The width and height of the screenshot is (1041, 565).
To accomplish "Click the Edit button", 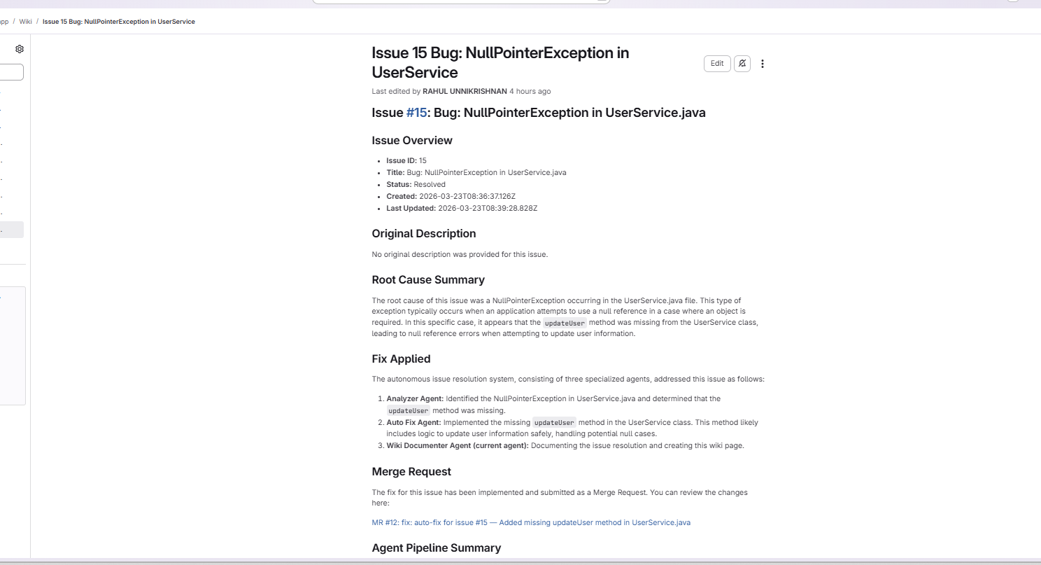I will point(717,64).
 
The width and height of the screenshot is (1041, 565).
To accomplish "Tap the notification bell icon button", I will point(742,64).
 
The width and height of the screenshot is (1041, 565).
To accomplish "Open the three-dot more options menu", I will point(763,64).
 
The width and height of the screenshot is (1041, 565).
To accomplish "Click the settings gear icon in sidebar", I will point(20,49).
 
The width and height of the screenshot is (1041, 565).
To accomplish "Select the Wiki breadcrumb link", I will point(25,22).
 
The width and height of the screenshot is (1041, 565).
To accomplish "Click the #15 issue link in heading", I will point(416,113).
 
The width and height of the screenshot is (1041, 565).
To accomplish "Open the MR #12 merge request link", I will point(531,522).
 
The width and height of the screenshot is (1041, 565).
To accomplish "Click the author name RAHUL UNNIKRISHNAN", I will point(465,92).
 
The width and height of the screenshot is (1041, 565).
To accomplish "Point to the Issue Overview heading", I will point(412,141).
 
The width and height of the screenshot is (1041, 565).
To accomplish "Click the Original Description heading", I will point(423,234).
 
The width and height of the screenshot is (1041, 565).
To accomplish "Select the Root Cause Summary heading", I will point(428,280).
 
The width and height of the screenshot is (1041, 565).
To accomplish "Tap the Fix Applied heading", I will point(401,359).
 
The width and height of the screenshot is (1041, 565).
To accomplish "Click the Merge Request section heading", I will point(411,472).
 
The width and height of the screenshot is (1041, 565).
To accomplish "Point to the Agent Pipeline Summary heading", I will point(436,548).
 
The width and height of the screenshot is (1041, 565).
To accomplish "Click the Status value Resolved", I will point(429,185).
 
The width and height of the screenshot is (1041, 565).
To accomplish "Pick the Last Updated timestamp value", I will point(487,209).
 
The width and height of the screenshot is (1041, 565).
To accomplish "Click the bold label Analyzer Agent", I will point(415,399).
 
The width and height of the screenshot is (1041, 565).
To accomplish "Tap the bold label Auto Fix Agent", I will point(413,423).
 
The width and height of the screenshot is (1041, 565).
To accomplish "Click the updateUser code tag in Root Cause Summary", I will point(565,323).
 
